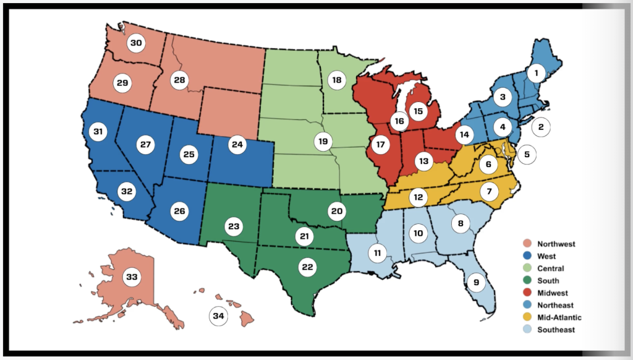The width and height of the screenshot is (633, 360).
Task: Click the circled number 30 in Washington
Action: (x=136, y=43)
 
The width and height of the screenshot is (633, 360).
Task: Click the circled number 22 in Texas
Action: (x=307, y=267)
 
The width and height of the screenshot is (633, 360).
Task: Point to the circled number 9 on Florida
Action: (x=475, y=283)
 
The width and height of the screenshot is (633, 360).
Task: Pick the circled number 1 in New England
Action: (x=537, y=73)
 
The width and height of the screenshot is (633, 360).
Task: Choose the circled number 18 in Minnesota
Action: (x=336, y=80)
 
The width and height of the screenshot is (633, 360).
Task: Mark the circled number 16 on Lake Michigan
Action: (x=399, y=121)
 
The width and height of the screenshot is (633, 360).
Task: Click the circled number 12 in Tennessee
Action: (x=419, y=197)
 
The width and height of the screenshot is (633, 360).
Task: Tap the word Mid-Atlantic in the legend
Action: (x=559, y=317)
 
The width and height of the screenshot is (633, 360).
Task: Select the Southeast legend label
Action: (x=556, y=330)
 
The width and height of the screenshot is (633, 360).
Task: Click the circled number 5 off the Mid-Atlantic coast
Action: (x=527, y=155)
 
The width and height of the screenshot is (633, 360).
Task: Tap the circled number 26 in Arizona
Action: (x=179, y=211)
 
